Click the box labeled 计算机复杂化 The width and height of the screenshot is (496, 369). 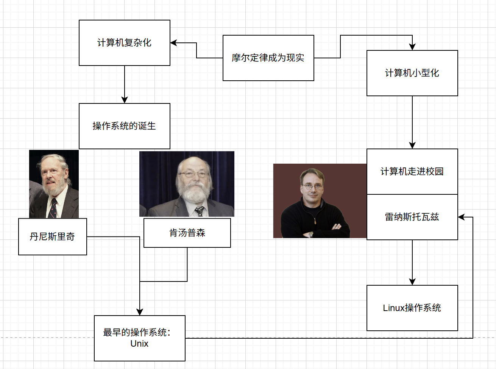[x=124, y=43]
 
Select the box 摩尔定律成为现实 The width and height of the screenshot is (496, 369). [x=268, y=58]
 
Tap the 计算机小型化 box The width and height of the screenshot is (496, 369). [x=412, y=73]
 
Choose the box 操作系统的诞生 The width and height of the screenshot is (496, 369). [x=124, y=126]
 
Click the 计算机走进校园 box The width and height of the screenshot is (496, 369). [x=412, y=172]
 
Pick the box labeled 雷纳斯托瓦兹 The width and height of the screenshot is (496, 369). [x=412, y=217]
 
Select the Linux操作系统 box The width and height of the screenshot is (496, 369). [x=412, y=308]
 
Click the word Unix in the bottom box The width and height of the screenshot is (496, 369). [x=139, y=344]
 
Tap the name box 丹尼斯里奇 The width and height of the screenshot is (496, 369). [x=52, y=237]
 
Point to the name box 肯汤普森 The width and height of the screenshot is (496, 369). [x=187, y=233]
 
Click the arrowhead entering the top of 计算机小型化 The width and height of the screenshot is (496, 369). [x=412, y=47]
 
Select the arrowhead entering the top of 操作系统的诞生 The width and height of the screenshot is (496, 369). [x=125, y=100]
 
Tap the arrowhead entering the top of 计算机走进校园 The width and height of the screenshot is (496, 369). [x=412, y=145]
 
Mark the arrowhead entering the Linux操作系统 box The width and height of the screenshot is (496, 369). [x=412, y=282]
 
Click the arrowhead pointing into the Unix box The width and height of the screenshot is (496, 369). [x=140, y=312]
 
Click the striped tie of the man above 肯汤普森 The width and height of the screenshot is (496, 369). [x=200, y=211]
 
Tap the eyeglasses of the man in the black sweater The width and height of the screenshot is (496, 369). [x=312, y=186]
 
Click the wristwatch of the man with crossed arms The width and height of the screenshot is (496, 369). [x=311, y=234]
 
